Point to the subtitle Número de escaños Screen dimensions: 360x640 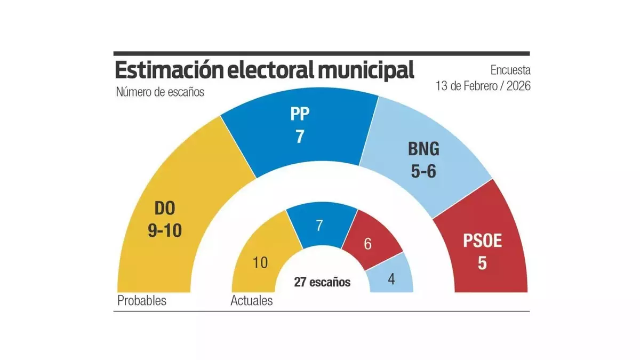[x=160, y=92]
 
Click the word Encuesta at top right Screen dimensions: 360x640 [x=510, y=70]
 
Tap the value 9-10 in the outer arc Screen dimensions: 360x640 [x=165, y=231]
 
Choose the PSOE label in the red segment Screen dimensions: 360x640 [x=482, y=242]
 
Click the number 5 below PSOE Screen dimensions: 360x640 [x=482, y=263]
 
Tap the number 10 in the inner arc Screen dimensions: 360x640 [x=261, y=262]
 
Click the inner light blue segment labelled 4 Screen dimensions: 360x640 [x=392, y=279]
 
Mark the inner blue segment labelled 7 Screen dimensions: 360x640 [x=319, y=226]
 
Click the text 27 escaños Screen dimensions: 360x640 [x=322, y=282]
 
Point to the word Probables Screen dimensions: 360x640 [x=142, y=301]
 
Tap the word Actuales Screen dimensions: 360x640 [x=251, y=301]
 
